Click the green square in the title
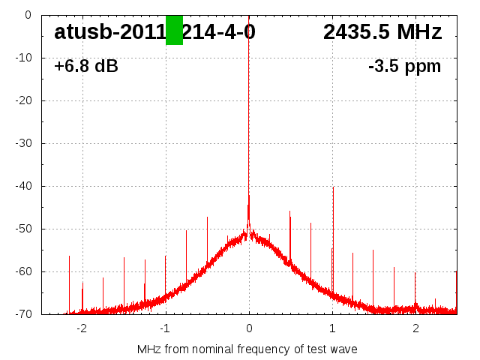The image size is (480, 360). pos(174,30)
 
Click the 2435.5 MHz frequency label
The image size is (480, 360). pos(382,32)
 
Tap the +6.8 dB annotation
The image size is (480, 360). pos(86,67)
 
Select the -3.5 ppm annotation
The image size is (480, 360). pos(404,67)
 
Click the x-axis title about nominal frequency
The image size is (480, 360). pos(247,349)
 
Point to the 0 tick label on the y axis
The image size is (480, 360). pos(27,14)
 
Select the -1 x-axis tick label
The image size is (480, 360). pos(164,328)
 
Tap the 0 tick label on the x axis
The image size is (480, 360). pos(249,328)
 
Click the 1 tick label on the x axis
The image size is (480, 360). pos(332,328)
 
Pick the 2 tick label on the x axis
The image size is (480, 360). pos(415,328)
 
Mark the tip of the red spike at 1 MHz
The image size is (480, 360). pos(333,187)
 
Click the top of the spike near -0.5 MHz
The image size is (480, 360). pos(207,217)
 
